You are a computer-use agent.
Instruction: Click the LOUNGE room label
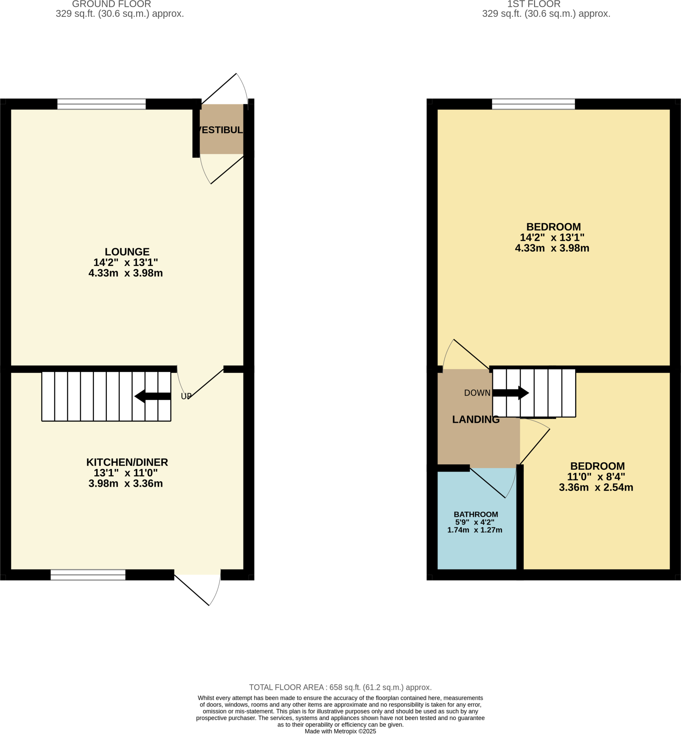pos(127,252)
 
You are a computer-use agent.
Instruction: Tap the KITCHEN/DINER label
pos(127,462)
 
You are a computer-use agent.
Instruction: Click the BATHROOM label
pos(476,514)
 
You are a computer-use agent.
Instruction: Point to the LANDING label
pos(476,419)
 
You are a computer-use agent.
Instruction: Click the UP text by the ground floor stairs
pos(186,396)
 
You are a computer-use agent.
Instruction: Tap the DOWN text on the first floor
pos(477,393)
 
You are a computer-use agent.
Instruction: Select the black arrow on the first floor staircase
pos(511,393)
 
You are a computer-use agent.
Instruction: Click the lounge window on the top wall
pos(101,104)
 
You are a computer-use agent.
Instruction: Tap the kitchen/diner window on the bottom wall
pos(88,575)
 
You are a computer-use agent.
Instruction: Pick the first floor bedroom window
pos(533,104)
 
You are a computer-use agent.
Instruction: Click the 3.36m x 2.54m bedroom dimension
pos(596,487)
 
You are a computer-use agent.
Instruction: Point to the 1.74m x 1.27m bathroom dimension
pos(475,530)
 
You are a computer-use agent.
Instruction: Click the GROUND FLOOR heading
pos(111,4)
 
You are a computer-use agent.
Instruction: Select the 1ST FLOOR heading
pos(534,4)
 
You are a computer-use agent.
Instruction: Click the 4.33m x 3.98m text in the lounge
pos(126,273)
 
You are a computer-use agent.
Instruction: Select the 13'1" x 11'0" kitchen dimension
pos(126,473)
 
